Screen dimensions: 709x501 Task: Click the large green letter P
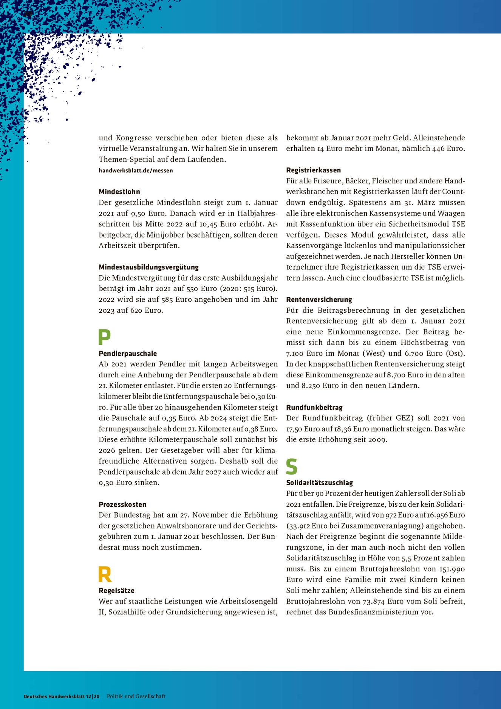click(104, 337)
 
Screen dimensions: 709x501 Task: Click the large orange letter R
click(105, 574)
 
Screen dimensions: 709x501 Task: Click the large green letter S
click(292, 466)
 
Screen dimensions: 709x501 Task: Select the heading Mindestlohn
click(119, 192)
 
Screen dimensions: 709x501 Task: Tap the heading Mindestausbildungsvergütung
click(148, 267)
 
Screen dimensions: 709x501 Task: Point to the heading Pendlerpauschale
click(128, 354)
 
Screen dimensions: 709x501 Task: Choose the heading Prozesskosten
click(122, 504)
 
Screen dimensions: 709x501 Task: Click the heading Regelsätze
click(116, 591)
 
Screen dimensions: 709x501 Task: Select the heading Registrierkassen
click(314, 170)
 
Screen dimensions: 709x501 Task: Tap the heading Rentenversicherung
click(319, 299)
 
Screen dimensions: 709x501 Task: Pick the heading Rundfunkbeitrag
click(314, 408)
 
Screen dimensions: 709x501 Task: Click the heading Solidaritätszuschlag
click(320, 483)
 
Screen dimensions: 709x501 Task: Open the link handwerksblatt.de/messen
click(136, 171)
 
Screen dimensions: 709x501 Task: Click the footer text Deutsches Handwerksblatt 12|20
click(62, 696)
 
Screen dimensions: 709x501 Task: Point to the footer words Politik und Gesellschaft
click(136, 696)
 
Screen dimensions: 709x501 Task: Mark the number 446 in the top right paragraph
click(438, 149)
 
